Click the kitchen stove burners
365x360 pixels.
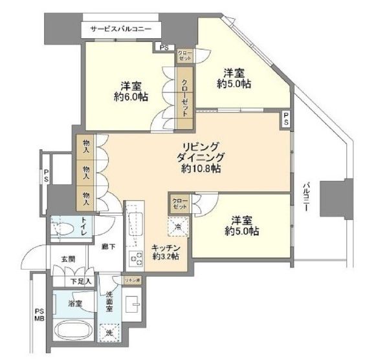pos(137,260)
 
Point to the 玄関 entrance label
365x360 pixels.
pos(68,259)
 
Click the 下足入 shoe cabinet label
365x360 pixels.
pos(81,281)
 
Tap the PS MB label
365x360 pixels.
pos(39,314)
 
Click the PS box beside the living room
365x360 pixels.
pos(285,120)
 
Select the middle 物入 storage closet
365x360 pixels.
pos(85,171)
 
